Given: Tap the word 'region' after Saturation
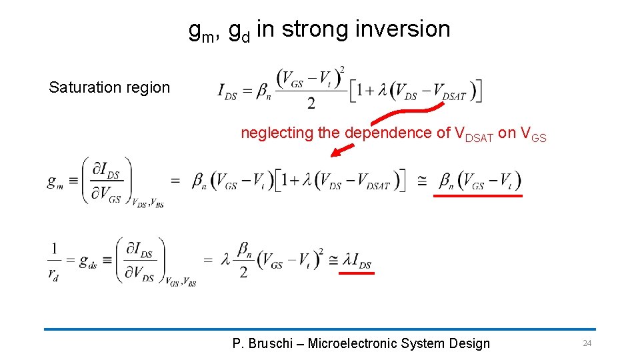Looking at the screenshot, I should [x=149, y=87].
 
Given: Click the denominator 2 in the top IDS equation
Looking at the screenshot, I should [x=311, y=103].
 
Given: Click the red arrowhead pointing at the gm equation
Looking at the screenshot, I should [x=335, y=153].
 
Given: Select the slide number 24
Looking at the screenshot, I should [x=587, y=343].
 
